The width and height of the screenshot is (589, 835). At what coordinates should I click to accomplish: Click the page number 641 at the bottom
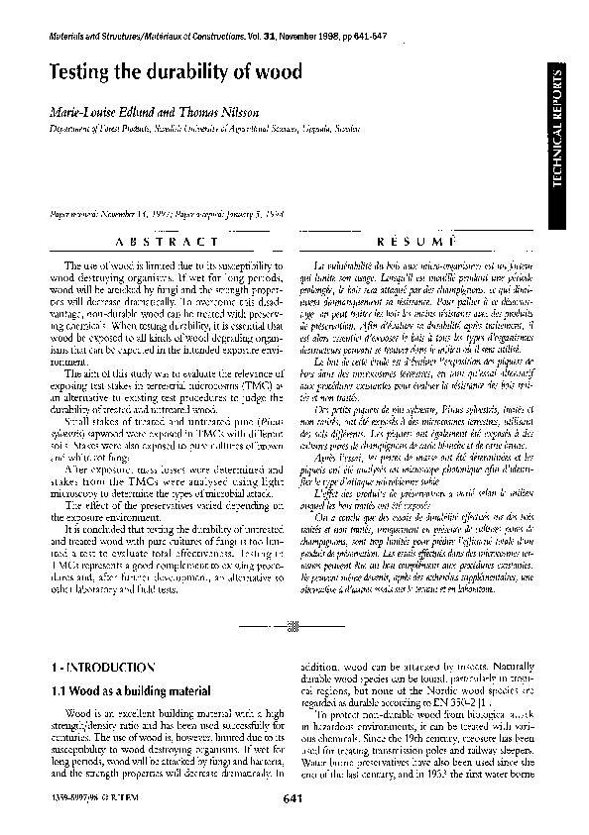coord(293,798)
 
